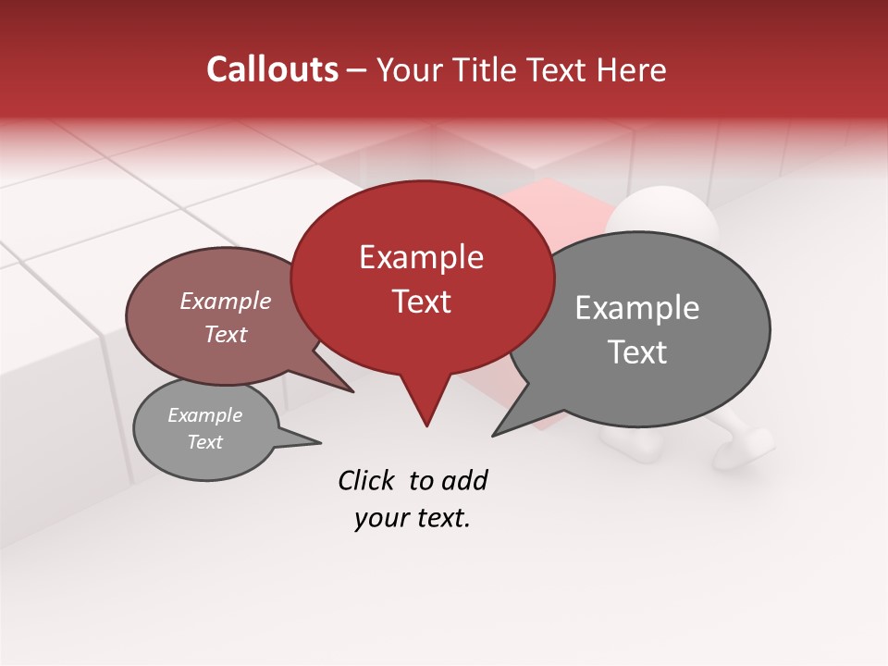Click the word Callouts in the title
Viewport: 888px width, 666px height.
click(x=272, y=69)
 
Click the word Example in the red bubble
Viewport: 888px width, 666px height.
click(x=421, y=256)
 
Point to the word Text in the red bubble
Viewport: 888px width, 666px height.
click(x=421, y=301)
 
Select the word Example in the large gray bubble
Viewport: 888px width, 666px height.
click(x=636, y=307)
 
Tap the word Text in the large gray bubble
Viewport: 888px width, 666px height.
click(x=637, y=351)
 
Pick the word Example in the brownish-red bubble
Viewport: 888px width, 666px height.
click(x=225, y=301)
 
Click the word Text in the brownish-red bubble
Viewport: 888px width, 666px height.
click(x=225, y=334)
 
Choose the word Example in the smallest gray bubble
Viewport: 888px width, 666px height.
click(x=204, y=415)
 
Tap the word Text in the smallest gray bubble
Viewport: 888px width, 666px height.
click(x=204, y=442)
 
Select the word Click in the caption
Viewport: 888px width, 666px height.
click(x=368, y=480)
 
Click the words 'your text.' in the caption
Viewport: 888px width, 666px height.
click(x=413, y=518)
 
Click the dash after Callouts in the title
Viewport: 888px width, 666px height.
click(x=357, y=69)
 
